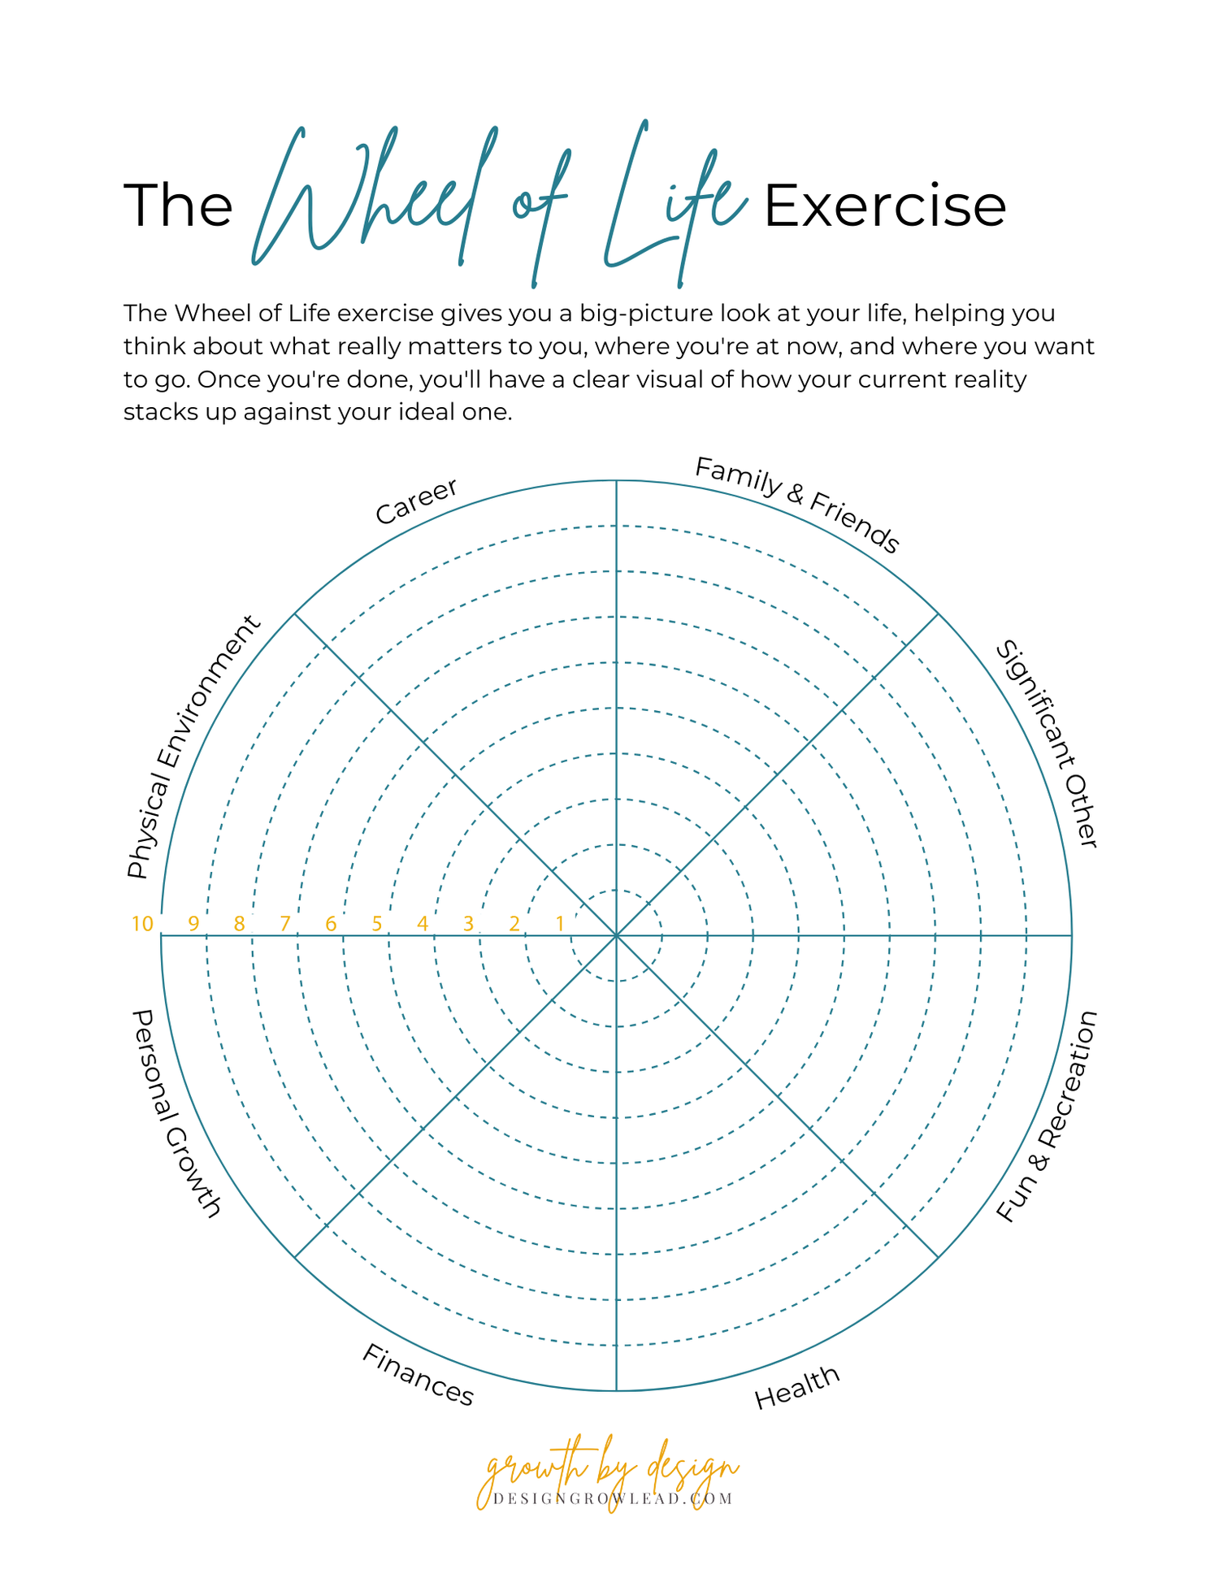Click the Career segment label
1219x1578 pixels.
[x=416, y=501]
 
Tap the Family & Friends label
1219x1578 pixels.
[x=797, y=505]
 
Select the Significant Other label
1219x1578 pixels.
[x=1048, y=743]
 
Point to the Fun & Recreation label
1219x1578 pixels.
[x=1048, y=1116]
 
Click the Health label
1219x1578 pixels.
[x=796, y=1387]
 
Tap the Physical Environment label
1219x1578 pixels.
[x=193, y=747]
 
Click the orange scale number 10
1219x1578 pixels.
[x=142, y=924]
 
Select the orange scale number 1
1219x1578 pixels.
[x=559, y=924]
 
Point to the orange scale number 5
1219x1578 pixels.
[x=376, y=924]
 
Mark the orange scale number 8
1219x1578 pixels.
[x=239, y=924]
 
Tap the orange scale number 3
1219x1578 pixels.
[x=468, y=924]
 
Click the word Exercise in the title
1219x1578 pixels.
[x=885, y=206]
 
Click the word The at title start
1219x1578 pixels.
[x=178, y=206]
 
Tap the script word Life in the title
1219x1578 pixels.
[x=675, y=203]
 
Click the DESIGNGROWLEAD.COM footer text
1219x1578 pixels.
[x=614, y=1499]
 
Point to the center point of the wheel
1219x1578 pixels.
[x=616, y=936]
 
